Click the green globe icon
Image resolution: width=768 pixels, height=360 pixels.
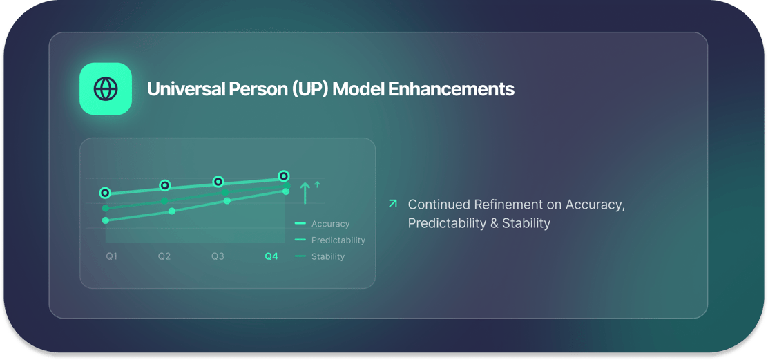(105, 88)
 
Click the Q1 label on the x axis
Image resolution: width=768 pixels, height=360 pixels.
(112, 256)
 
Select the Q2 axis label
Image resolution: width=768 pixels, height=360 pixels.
(164, 256)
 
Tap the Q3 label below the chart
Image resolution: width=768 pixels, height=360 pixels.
(218, 256)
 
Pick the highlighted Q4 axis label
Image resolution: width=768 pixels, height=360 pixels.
(271, 256)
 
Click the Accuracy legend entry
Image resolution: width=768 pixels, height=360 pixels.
(323, 224)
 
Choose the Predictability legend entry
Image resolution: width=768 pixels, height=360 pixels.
(329, 240)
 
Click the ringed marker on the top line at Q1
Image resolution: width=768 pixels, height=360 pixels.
(105, 193)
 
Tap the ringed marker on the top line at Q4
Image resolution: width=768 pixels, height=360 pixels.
(283, 176)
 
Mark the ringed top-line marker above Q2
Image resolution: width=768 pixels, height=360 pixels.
(165, 185)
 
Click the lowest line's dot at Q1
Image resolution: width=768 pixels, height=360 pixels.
(105, 220)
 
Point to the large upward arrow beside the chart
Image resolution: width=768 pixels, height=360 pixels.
(305, 193)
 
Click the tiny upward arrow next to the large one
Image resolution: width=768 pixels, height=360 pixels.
(317, 184)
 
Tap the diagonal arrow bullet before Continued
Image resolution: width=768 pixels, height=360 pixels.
(392, 203)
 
